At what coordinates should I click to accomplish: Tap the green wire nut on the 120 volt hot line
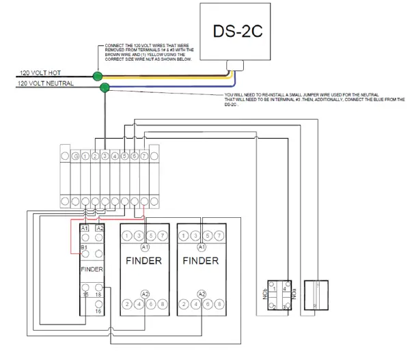(x=98, y=76)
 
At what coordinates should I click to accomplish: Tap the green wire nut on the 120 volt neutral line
(x=105, y=87)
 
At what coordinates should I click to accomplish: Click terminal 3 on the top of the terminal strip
(x=105, y=156)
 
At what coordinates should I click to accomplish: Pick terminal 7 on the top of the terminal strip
(x=144, y=156)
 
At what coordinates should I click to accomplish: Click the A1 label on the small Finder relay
(x=85, y=228)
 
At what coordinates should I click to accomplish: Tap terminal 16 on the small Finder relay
(x=100, y=310)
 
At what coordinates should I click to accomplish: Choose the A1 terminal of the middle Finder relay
(x=144, y=247)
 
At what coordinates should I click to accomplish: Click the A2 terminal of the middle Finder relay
(x=144, y=293)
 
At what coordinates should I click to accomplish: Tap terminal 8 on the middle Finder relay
(x=161, y=303)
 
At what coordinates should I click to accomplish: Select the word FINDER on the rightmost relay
(x=200, y=262)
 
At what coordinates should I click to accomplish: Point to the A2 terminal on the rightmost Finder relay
(x=201, y=293)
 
